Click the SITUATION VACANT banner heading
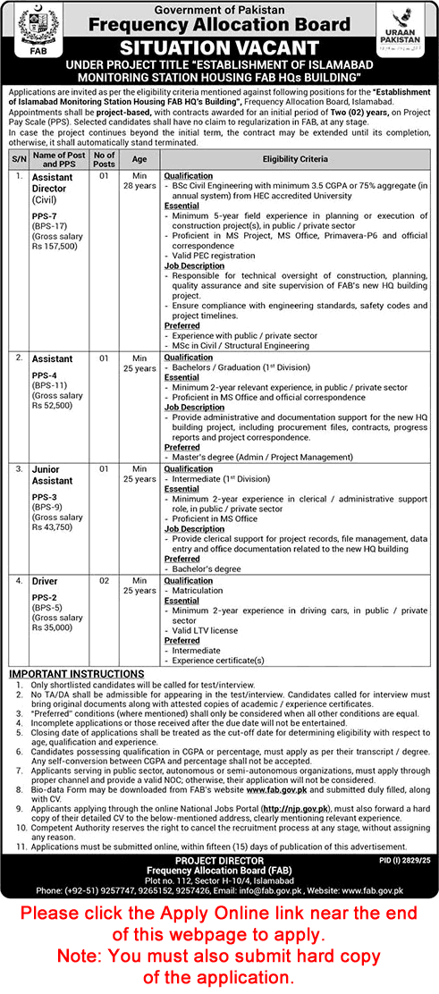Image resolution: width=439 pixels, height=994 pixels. point(219,47)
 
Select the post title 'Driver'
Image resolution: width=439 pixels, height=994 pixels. point(46,581)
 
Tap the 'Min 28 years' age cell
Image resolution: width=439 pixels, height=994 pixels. point(139,181)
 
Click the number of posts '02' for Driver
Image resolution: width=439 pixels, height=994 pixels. point(105,581)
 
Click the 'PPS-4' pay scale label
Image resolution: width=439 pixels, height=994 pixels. point(46,375)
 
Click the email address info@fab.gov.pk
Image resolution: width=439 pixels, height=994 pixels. point(305,890)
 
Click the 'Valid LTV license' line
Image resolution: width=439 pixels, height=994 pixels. point(205,629)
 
